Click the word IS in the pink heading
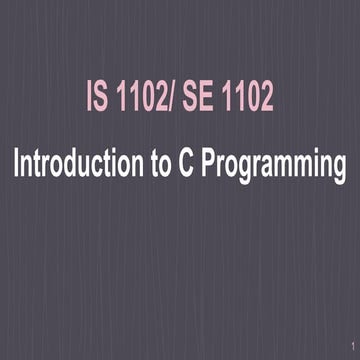[97, 100]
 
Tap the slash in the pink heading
[170, 100]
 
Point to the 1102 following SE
[244, 100]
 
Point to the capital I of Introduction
[16, 164]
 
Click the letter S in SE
[189, 100]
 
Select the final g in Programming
[338, 168]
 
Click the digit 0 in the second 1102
[250, 100]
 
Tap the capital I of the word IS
[87, 100]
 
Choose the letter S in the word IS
[101, 100]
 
